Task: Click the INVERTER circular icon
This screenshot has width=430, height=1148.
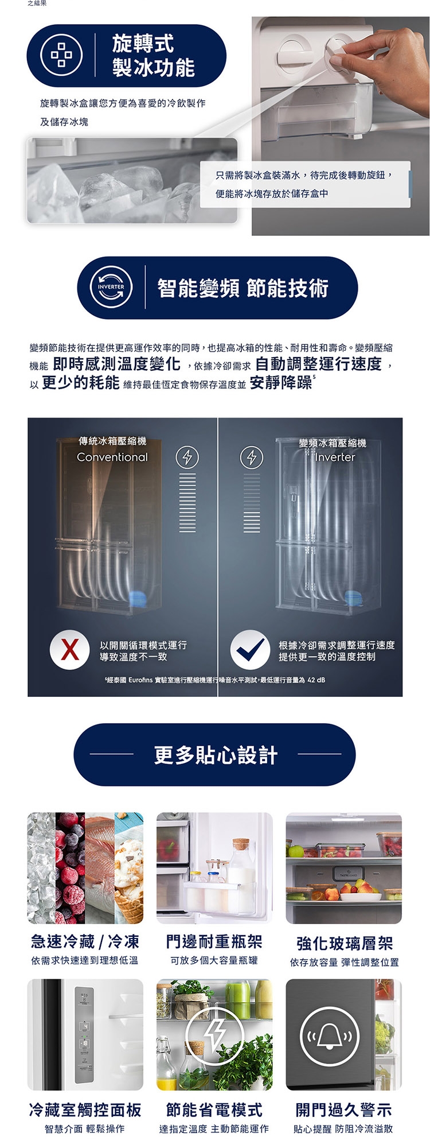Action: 111,287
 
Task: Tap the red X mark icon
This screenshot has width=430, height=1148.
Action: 69,650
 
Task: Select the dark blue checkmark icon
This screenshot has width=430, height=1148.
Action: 250,650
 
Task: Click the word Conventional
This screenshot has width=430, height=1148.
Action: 112,457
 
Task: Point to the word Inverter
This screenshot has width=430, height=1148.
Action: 335,457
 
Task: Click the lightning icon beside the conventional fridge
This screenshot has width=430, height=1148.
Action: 187,457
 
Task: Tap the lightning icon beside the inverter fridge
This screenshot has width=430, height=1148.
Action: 251,457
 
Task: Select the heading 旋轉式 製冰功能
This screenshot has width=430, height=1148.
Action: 153,56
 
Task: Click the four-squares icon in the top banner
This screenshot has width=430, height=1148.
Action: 61,55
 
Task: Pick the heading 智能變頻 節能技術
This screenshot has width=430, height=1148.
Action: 243,288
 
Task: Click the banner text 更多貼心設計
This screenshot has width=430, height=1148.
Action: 216,755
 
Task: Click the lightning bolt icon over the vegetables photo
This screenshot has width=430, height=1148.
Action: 215,1035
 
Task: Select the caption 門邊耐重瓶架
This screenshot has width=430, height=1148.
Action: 214,941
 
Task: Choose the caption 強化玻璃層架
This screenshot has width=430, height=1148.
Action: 344,943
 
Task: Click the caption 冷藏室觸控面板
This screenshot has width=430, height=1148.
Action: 85,1110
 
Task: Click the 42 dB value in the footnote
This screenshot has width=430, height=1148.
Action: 316,680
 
